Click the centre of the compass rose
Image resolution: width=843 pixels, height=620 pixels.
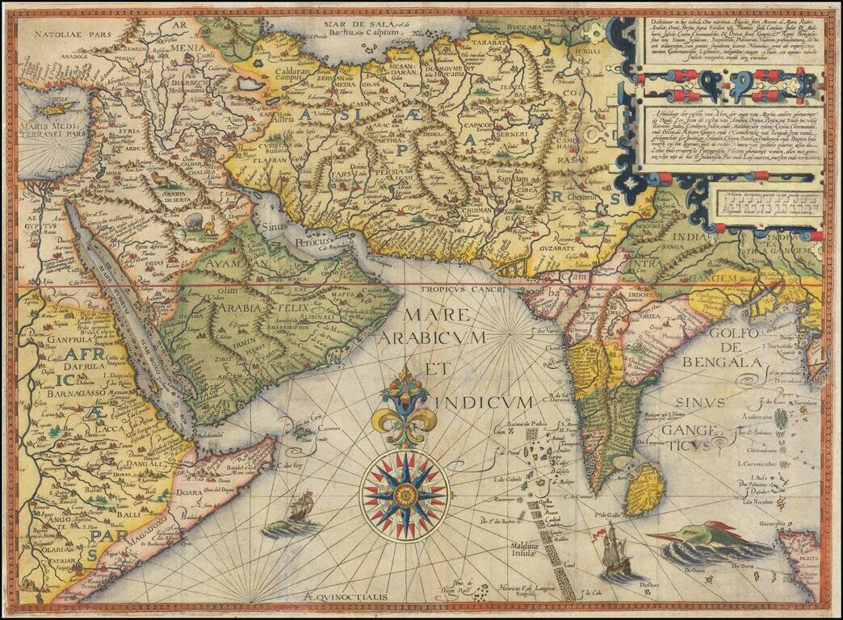[404, 493]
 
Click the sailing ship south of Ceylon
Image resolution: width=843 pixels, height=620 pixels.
[616, 552]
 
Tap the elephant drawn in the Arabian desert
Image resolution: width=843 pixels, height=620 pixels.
[195, 220]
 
